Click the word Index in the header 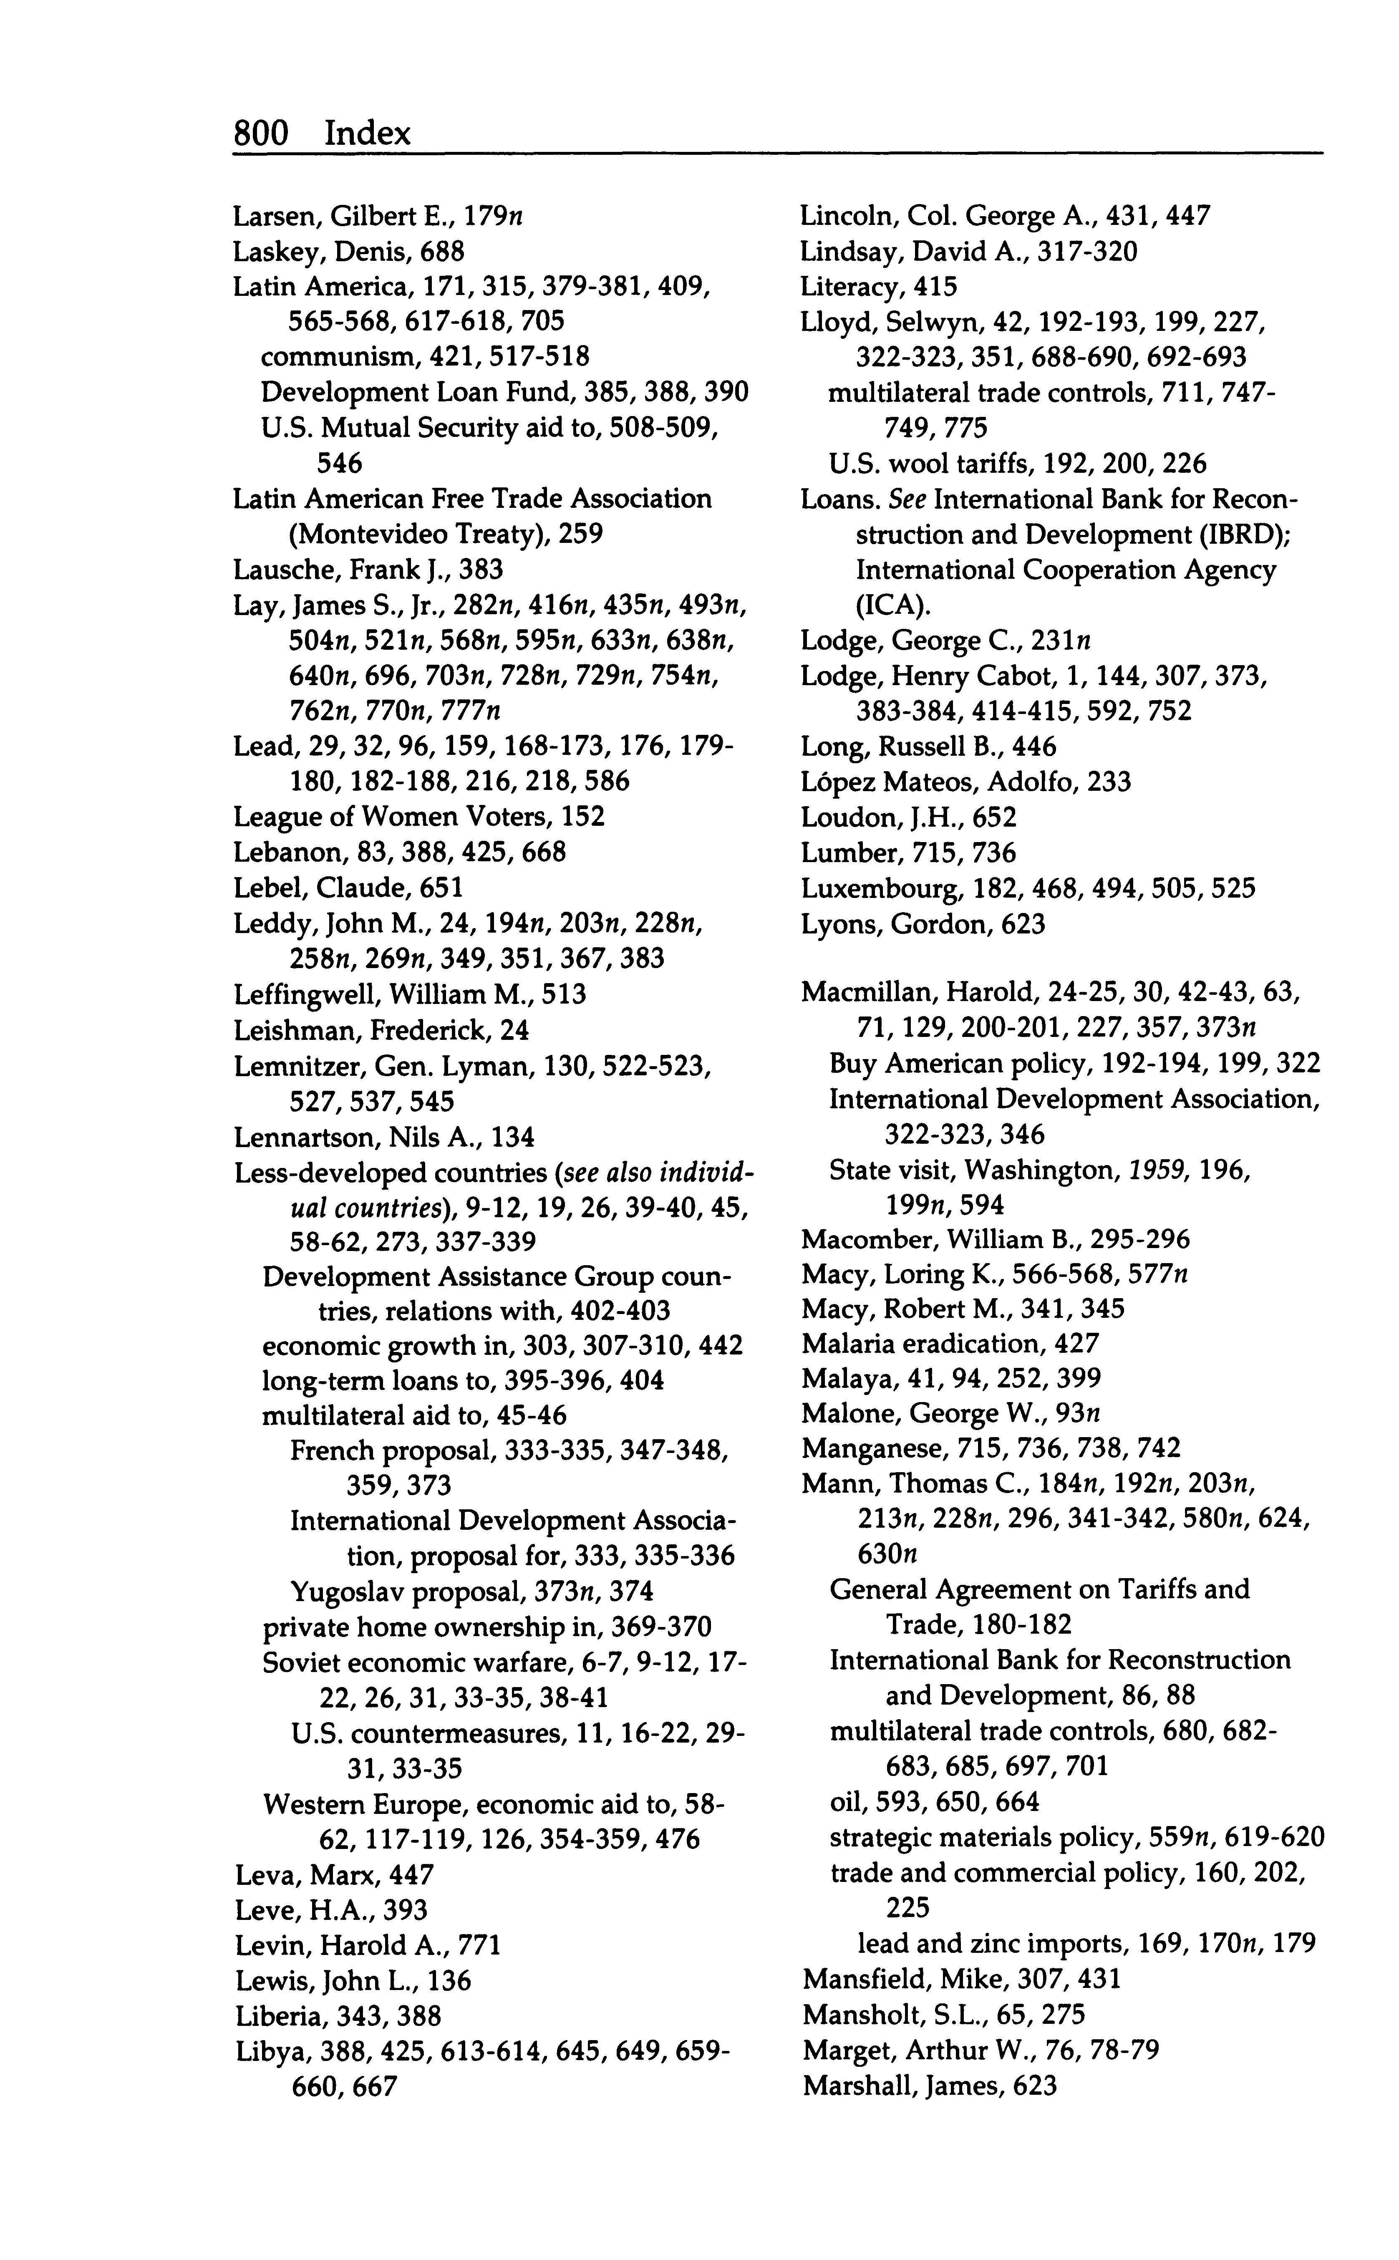click(367, 134)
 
